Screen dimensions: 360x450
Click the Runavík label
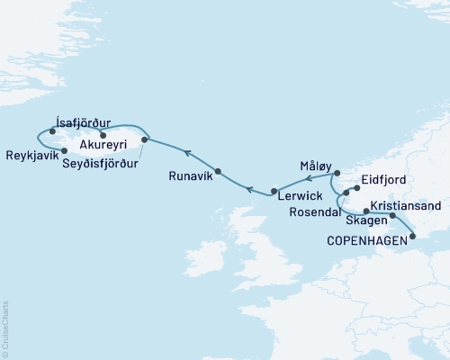click(191, 177)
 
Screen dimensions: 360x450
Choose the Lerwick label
click(300, 194)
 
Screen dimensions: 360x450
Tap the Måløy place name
click(312, 167)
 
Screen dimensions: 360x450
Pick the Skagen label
click(367, 220)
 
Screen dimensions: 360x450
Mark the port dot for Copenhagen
click(413, 237)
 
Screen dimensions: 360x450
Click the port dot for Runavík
click(219, 168)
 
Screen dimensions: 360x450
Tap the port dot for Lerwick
click(273, 191)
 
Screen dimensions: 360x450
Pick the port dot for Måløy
click(337, 173)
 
